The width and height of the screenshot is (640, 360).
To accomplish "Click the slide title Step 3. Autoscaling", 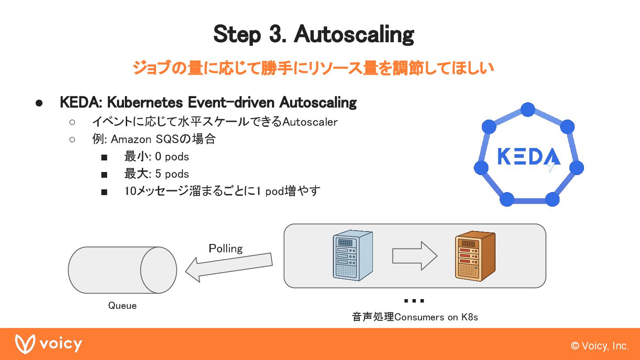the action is pos(313,34).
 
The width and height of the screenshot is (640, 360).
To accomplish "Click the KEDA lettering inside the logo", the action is pos(529,157).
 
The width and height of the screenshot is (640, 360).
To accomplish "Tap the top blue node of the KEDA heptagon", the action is pos(528,109).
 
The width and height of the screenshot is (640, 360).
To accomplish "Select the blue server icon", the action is pos(353,256).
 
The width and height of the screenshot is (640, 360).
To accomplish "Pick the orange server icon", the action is pos(475,256).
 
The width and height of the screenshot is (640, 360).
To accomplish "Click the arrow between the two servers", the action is pos(415,256).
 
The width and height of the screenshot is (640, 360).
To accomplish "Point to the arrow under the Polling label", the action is pos(229,268).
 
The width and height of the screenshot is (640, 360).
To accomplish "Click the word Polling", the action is pos(226,248).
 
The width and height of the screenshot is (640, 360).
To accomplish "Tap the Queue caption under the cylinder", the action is pos(122,305).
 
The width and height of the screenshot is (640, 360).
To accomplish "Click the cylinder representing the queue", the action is pos(122,270).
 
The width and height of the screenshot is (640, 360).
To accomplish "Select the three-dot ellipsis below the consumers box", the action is pos(414,300).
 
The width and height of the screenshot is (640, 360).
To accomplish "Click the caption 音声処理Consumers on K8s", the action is pos(415,317).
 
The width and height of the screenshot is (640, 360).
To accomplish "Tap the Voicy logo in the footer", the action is pos(48,344).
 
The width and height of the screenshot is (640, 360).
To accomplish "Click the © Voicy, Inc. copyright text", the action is pos(600,346).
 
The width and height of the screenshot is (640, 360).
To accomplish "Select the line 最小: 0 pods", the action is pos(156,156).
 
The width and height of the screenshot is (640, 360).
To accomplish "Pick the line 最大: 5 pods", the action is pos(156,174).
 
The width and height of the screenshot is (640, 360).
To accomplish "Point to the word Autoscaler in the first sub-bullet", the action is pos(310,122).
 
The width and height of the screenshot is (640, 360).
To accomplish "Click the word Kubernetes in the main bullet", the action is pos(145,102).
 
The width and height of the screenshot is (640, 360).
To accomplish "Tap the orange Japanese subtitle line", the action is pos(313,68).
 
